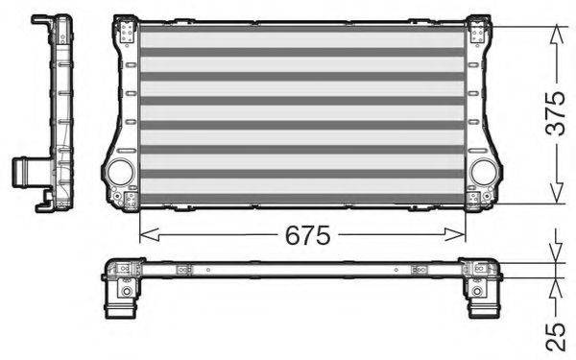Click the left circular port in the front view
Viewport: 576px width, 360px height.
point(120,172)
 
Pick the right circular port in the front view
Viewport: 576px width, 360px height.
point(485,172)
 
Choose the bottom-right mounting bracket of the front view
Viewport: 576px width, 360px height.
point(476,200)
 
